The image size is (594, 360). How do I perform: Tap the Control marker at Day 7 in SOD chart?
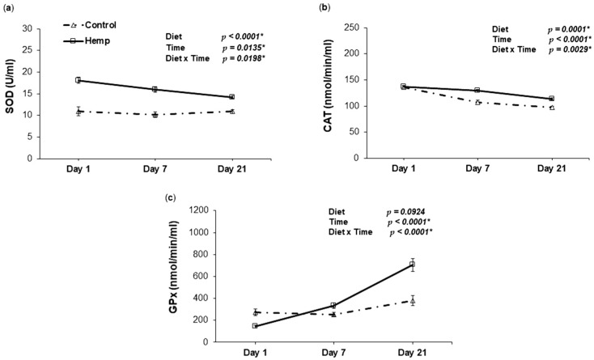[x=155, y=115]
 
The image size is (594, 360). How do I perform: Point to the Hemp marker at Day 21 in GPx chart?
[x=412, y=264]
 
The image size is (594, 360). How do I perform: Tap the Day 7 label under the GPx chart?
[x=334, y=354]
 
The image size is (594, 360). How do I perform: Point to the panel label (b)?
[x=325, y=7]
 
